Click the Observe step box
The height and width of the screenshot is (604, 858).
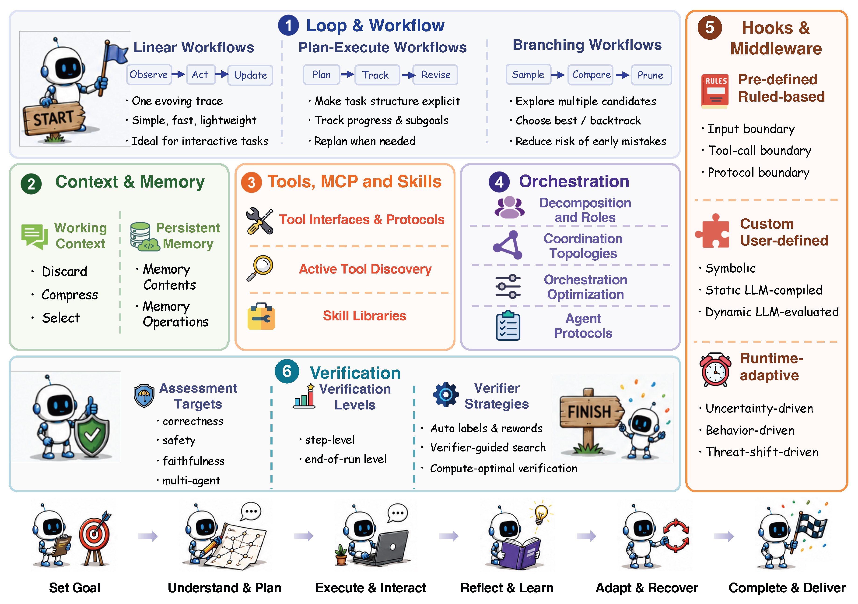point(149,75)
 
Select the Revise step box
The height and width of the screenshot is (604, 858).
point(436,75)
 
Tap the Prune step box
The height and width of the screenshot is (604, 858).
point(651,75)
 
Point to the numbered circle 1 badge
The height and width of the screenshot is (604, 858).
point(288,25)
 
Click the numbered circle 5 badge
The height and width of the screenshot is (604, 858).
point(709,28)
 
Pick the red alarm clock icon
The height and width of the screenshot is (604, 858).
point(715,370)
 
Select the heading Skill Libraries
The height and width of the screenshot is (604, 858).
point(364,316)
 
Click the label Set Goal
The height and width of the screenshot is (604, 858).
point(75,588)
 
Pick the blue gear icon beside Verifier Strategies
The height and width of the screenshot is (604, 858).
point(445,394)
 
